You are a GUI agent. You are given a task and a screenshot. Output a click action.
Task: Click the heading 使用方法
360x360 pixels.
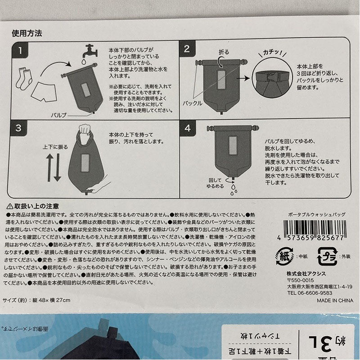27,33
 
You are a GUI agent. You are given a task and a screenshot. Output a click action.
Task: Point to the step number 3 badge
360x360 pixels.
18,128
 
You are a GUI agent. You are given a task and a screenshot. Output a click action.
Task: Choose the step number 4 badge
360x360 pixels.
186,128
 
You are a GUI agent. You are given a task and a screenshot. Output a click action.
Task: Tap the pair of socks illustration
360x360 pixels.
24,77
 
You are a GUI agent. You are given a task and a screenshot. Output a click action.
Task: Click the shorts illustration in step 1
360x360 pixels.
45,91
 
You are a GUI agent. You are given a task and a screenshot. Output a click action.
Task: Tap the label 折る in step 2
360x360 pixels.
224,52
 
